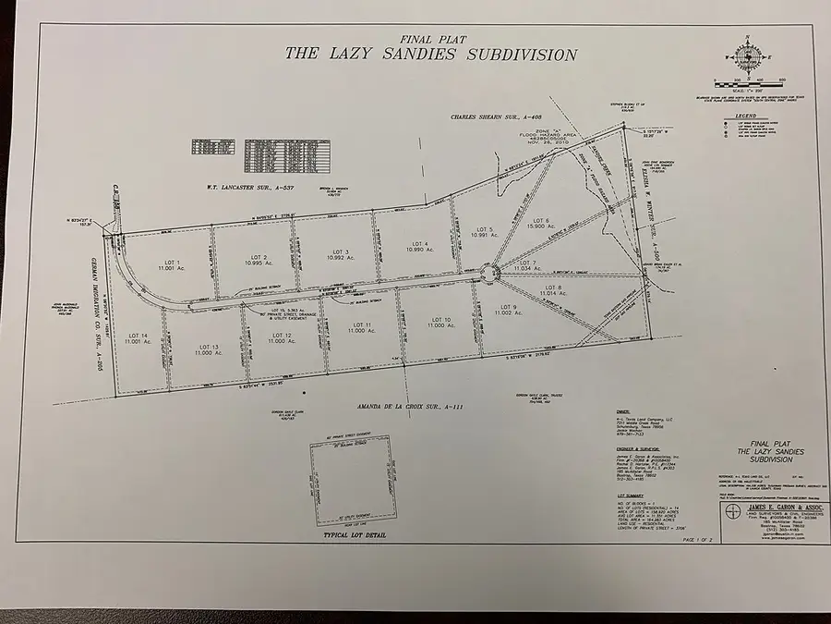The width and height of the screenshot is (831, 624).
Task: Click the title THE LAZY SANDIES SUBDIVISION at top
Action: (430, 54)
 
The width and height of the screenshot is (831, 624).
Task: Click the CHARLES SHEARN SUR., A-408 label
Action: (495, 118)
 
